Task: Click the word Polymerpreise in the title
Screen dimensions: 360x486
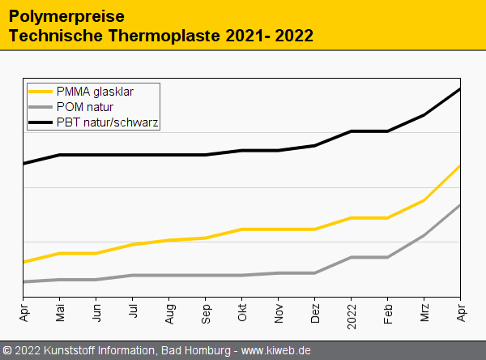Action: coord(54,15)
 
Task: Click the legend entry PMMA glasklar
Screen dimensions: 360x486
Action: coord(95,92)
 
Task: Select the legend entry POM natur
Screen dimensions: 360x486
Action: coord(84,107)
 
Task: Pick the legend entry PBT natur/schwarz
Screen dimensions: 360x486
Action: coord(107,122)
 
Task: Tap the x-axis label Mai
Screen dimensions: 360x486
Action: coord(60,313)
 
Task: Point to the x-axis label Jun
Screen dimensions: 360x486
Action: coord(96,313)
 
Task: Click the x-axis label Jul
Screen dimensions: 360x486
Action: coord(133,311)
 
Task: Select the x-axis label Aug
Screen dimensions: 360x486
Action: coord(169,313)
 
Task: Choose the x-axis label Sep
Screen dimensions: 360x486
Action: coord(206,313)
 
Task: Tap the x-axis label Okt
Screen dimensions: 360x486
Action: coord(242,312)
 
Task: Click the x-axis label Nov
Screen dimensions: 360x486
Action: coord(279,313)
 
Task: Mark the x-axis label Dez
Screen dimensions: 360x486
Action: coord(315,313)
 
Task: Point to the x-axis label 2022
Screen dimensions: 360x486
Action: coord(352,315)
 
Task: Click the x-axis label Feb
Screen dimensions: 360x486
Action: coord(388,313)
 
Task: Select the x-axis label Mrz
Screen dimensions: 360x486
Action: coord(424,312)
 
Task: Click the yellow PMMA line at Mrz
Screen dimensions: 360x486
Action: coord(424,200)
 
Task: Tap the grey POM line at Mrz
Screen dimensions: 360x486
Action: coord(424,235)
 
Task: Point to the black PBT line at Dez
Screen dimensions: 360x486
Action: coord(315,145)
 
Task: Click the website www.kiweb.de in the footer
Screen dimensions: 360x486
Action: coord(276,350)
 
